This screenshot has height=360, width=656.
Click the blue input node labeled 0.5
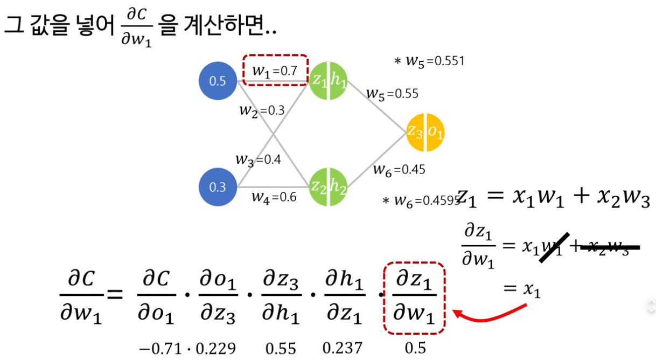point(218,82)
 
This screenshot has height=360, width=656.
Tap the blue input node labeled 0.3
point(218,187)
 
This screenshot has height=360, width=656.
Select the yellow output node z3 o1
point(425,133)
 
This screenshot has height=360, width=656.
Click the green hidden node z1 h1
point(328,81)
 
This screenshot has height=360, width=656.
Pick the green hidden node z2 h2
point(328,186)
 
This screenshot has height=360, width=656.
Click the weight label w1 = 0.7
point(275,70)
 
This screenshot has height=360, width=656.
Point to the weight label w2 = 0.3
point(262,110)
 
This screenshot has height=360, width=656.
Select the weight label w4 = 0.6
point(274,197)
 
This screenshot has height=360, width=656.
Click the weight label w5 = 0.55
point(392,93)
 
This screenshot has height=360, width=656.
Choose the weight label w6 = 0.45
point(399,170)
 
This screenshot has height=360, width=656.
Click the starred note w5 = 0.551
point(429,61)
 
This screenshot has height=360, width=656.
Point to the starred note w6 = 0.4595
point(421,200)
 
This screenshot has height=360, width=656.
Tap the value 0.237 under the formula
point(343,348)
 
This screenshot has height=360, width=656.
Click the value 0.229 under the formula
point(215,349)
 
